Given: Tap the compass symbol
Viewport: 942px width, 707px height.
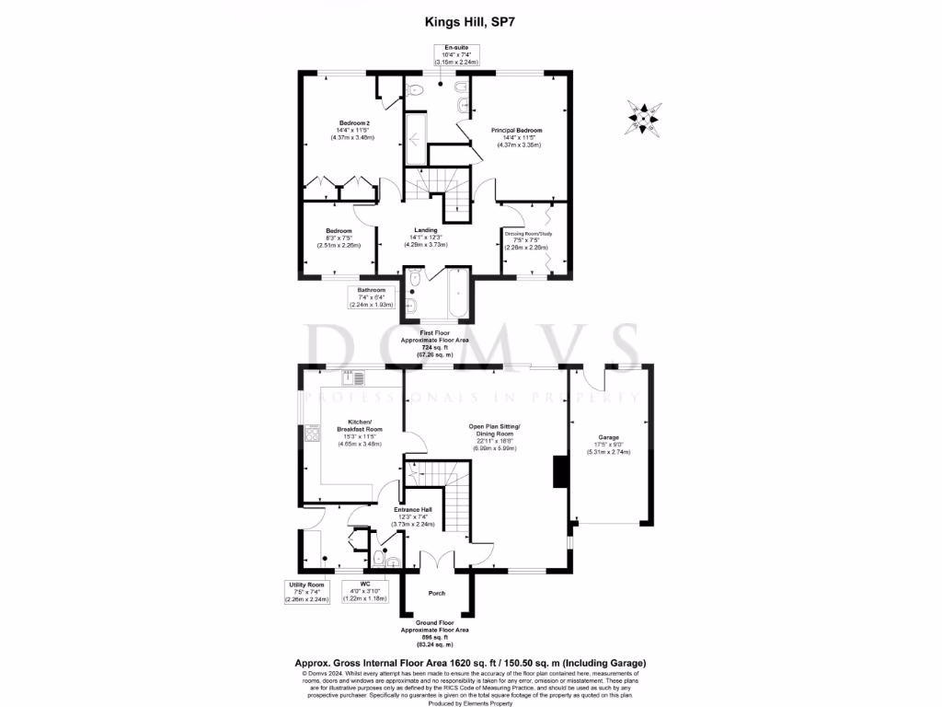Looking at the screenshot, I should tap(643, 117).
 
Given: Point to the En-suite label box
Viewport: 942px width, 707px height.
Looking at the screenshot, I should tap(454, 55).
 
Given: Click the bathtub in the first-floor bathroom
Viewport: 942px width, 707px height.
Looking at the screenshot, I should tap(456, 294).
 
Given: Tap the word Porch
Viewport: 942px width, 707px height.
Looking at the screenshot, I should tap(438, 593).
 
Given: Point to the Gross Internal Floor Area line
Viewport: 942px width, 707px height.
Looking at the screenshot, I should tap(470, 663).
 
